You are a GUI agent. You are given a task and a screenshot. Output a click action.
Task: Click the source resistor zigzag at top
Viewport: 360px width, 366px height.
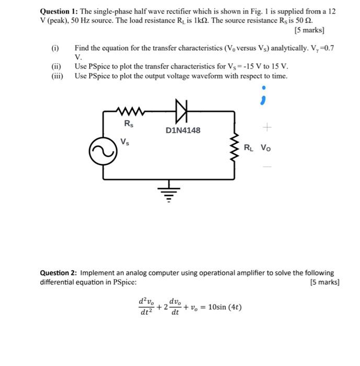(130, 110)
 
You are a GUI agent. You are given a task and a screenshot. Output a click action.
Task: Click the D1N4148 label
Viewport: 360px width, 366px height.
(182, 130)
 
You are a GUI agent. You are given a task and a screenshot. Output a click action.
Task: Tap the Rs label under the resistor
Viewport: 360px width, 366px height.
(128, 124)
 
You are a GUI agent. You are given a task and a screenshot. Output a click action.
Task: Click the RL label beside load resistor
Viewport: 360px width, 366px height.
(249, 147)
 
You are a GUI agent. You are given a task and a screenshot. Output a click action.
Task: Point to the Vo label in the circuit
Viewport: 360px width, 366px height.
(266, 147)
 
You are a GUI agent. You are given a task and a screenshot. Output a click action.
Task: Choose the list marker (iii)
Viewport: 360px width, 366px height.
(56, 76)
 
